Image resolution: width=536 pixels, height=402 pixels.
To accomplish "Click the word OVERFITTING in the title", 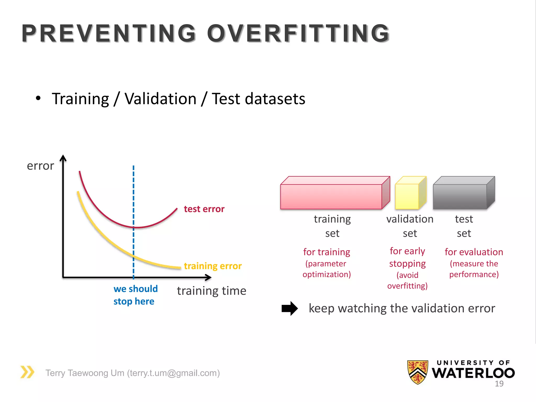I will point(298,33).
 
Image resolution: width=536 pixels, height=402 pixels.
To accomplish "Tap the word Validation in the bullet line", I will point(160,99).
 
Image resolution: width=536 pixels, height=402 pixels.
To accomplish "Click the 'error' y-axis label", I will point(40,166).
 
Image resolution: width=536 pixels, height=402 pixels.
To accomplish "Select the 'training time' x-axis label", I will point(211,291).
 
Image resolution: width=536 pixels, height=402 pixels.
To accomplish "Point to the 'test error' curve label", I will point(204,209).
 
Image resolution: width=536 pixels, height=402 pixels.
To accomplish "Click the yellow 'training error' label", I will point(213,266).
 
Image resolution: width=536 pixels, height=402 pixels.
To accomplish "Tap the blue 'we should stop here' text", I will point(135,295).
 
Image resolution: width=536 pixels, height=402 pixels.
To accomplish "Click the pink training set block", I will point(331,196).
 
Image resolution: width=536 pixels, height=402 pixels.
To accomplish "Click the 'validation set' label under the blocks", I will point(410,226).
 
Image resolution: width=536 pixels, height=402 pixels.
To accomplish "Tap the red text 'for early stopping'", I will point(407,257).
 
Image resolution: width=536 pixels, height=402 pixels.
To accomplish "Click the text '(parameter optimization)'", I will point(326,269).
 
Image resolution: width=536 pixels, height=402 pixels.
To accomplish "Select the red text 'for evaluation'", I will point(474,252).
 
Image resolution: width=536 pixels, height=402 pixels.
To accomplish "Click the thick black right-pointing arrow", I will point(289,309).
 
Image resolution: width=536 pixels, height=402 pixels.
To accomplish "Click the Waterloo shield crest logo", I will point(418,372).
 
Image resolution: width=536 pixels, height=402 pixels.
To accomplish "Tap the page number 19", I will point(499,384).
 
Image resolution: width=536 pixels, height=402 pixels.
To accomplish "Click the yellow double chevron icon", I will point(27,372).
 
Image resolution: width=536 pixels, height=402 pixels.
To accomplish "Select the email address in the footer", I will point(173,373).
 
